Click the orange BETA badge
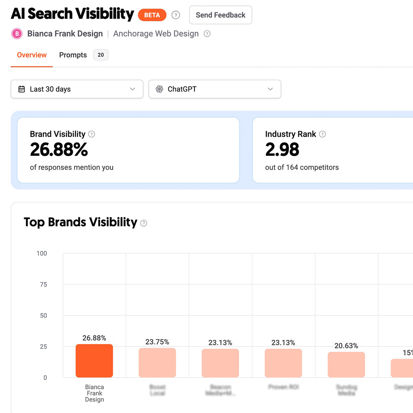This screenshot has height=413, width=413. [152, 15]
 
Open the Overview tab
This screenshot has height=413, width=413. [32, 55]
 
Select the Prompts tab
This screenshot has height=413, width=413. [73, 55]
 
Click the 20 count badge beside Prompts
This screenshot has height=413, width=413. [101, 55]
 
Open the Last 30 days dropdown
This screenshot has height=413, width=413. [77, 89]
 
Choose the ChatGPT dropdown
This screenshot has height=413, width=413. [215, 89]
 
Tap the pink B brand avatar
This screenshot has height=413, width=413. [17, 34]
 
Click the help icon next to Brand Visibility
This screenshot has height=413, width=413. [92, 134]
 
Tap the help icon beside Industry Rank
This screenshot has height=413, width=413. [322, 134]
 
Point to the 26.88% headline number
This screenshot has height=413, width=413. [59, 150]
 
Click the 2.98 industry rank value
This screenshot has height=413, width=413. [282, 150]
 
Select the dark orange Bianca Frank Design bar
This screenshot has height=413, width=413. [94, 361]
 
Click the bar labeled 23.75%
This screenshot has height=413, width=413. [157, 363]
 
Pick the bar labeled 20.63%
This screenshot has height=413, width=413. [346, 364]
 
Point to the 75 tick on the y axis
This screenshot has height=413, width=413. [43, 285]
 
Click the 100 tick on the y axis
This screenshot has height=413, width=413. [42, 254]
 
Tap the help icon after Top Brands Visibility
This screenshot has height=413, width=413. [144, 223]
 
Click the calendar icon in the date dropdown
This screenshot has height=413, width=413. [22, 89]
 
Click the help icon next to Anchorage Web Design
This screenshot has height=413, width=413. [207, 34]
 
